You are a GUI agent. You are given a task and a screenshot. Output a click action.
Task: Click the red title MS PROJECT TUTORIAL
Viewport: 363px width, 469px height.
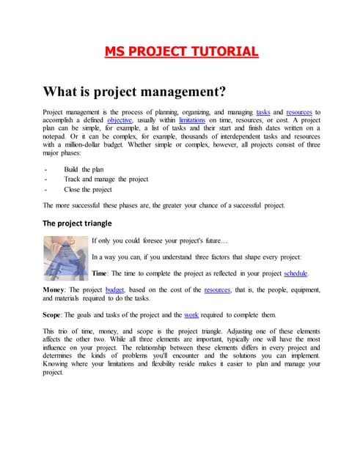click(x=181, y=51)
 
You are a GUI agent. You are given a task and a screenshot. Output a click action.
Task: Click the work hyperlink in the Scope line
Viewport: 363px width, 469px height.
click(x=191, y=314)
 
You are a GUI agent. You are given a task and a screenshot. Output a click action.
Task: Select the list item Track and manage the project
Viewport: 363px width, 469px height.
click(x=106, y=179)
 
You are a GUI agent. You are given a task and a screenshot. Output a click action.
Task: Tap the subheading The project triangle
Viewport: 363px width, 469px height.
click(x=77, y=223)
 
